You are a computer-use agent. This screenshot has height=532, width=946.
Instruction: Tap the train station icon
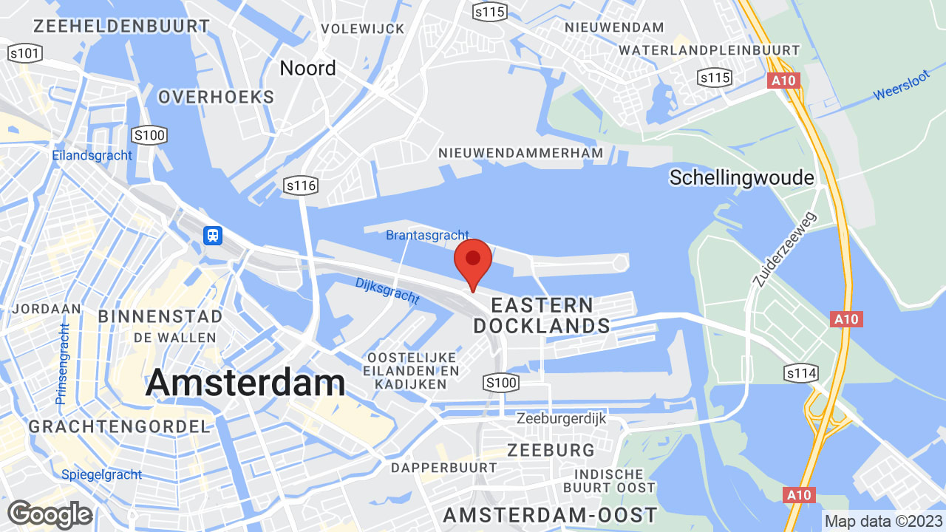[213, 236]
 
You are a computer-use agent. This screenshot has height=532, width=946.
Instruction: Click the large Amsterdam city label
[245, 383]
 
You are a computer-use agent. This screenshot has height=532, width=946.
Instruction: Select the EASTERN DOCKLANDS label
[542, 316]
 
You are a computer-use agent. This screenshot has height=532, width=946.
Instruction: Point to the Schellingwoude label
[741, 177]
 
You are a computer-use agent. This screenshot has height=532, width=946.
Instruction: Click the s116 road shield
[302, 185]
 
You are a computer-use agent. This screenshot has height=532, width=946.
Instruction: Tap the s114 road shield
[801, 374]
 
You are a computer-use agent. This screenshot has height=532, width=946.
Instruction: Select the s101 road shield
[25, 53]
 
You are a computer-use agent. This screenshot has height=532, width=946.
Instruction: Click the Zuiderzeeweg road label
[785, 250]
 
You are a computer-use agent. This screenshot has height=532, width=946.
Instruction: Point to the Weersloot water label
[900, 87]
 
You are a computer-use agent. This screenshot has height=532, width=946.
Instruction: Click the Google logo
[50, 514]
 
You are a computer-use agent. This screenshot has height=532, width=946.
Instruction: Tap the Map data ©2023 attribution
[884, 521]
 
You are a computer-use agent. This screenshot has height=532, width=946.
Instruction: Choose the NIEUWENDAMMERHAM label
[520, 153]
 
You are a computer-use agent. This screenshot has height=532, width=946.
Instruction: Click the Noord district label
[307, 68]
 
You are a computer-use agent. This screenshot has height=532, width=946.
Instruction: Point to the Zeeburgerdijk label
[561, 418]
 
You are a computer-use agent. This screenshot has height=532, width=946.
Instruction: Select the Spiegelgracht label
[101, 474]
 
